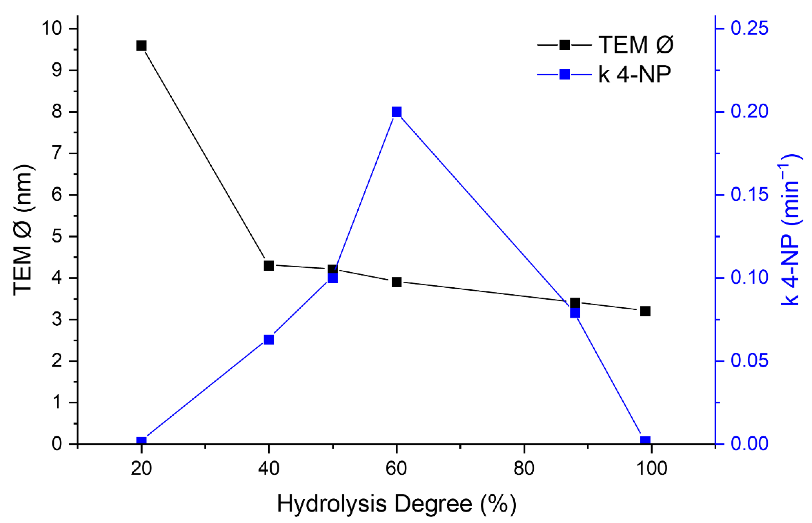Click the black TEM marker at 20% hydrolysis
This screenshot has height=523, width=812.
pos(141,46)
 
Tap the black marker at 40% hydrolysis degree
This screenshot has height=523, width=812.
pos(269,266)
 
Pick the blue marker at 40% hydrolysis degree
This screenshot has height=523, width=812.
pos(269,340)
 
